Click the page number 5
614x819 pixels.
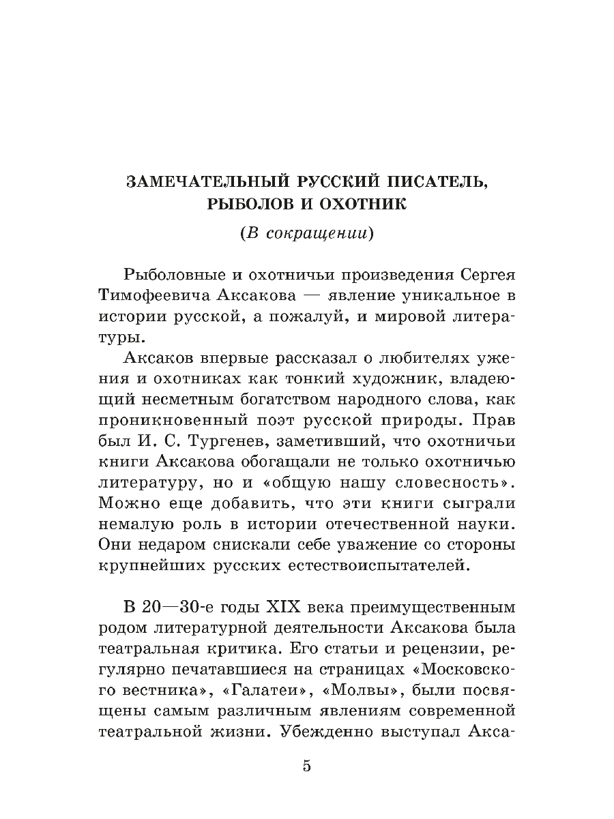coord(306,766)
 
